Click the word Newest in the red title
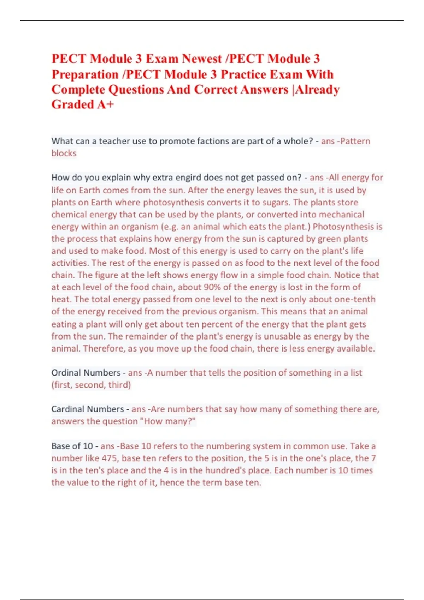pos(202,59)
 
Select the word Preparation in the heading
pos(85,74)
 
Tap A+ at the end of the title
pos(105,104)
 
